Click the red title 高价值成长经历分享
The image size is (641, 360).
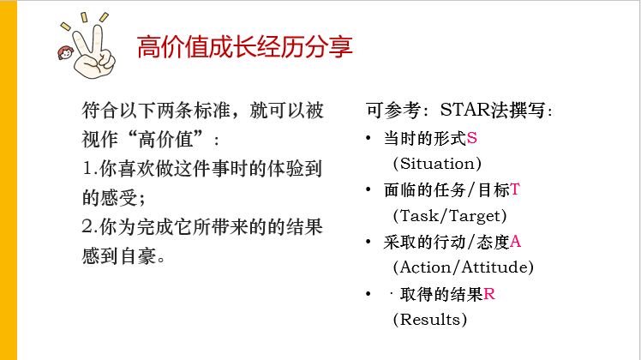coord(244,47)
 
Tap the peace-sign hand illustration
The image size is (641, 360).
coord(93,53)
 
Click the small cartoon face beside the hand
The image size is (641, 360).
coord(65,53)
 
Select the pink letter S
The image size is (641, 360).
coord(472,138)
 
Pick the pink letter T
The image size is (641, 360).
coord(515,189)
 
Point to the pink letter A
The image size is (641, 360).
coord(515,242)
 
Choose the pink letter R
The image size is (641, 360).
coord(489,294)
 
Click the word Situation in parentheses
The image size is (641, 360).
coord(437,164)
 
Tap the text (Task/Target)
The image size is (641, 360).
coord(450,216)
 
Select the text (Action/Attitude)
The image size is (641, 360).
coord(463,267)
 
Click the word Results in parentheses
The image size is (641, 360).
coord(429,320)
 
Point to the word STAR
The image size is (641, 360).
coord(464,110)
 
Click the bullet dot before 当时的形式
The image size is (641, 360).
coord(368,138)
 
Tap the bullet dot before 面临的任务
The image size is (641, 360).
coord(368,189)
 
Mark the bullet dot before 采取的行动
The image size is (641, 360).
coord(368,242)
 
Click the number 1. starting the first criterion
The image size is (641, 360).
coord(89,169)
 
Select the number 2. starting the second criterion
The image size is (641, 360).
coord(89,226)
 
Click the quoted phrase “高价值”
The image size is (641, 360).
coord(166,140)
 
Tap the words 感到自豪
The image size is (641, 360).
coord(119,256)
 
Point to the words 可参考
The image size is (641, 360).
coord(393,110)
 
